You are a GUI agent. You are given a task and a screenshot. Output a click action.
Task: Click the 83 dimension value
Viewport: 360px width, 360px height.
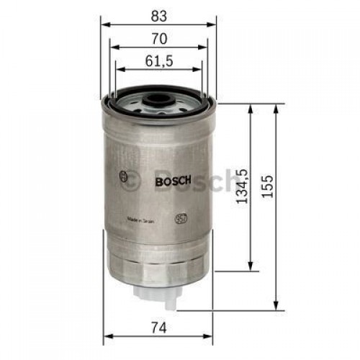(158, 14)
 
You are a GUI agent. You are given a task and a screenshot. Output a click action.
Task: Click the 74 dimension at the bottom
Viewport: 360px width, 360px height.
(160, 328)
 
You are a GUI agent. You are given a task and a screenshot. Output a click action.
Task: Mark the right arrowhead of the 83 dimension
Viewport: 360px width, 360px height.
(213, 22)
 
